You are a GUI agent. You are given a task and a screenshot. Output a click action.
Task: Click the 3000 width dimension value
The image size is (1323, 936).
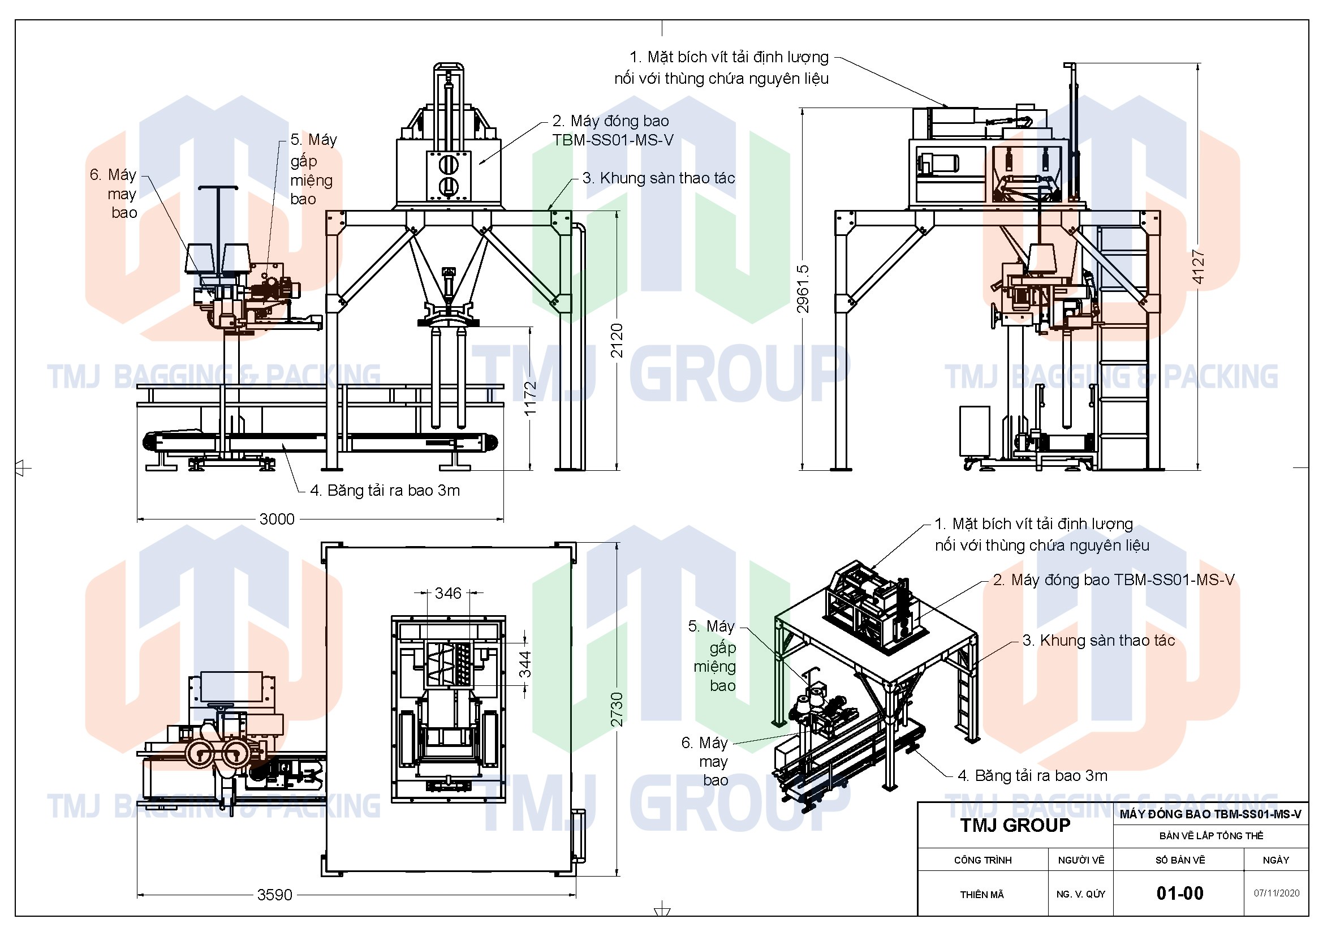[x=277, y=519]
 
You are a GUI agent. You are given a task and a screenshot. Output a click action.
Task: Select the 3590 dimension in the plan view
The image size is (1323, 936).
[x=274, y=895]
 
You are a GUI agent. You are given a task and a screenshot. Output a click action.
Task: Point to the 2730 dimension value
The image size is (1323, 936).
[x=617, y=709]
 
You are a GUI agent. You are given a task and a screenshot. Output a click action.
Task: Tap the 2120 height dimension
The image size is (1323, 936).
[x=617, y=341]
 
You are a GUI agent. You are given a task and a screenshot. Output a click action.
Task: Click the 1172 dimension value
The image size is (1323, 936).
[x=531, y=398]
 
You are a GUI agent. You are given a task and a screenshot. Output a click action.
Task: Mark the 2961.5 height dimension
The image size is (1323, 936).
[x=803, y=289]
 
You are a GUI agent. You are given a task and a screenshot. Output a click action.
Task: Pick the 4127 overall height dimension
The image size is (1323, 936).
[x=1198, y=267]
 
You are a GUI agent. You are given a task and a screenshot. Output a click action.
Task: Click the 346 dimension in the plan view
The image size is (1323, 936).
[x=448, y=593]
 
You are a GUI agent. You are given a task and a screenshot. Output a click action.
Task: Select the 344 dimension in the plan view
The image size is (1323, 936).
[x=525, y=663]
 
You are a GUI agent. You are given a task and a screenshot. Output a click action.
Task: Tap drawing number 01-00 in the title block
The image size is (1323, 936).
[x=1179, y=894]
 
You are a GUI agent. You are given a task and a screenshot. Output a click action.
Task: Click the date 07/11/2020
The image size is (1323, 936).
[x=1276, y=894]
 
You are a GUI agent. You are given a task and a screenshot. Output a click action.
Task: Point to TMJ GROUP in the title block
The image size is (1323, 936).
[x=1015, y=825]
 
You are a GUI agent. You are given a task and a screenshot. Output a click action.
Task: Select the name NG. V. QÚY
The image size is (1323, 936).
[x=1080, y=895]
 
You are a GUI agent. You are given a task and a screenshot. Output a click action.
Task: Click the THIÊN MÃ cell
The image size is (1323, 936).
[x=982, y=895]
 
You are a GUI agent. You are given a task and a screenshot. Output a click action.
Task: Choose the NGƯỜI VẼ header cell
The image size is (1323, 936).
[x=1080, y=860]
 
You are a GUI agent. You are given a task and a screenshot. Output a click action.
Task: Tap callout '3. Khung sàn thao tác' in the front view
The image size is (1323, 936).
[x=658, y=178]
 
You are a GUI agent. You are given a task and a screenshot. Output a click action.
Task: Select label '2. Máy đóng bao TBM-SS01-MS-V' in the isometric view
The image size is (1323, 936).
[x=1113, y=580]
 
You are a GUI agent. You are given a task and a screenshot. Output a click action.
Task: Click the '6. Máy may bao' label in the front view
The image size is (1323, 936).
[x=114, y=194]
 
